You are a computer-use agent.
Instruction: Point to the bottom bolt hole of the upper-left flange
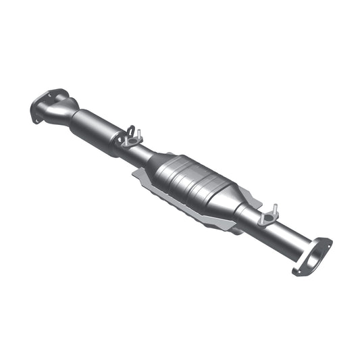(x=34, y=120)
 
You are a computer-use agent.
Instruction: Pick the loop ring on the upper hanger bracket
(x=132, y=131)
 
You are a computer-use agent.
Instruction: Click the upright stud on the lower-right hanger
(x=274, y=209)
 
